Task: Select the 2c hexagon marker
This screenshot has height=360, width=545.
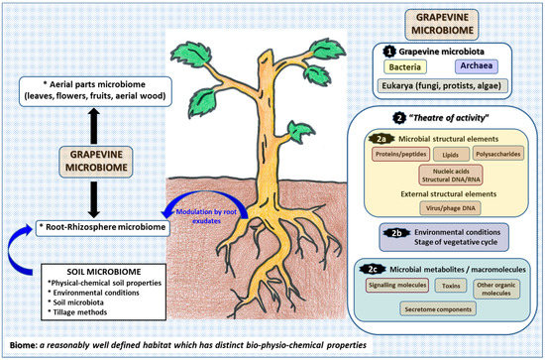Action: coord(369,266)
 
